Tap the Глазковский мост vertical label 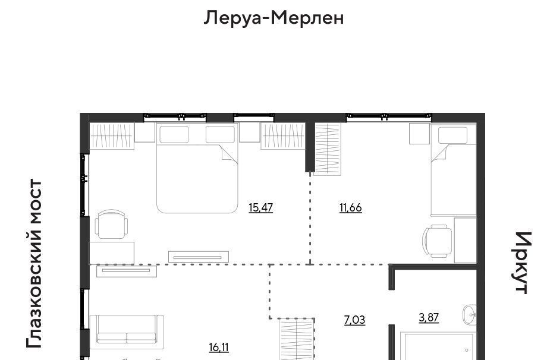point(34,263)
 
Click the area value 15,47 point(260,208)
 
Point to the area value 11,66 point(351,208)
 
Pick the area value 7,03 point(354,320)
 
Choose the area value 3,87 point(429,317)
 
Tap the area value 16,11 point(219,348)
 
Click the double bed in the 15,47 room point(197,168)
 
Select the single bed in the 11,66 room point(454,170)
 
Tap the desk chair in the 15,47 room point(111,225)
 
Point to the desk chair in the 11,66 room point(437,241)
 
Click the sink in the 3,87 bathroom point(470,315)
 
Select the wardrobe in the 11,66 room point(327,149)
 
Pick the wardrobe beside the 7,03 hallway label point(297,339)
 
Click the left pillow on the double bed point(174,134)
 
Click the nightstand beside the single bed point(419,133)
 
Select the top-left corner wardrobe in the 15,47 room point(112,136)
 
